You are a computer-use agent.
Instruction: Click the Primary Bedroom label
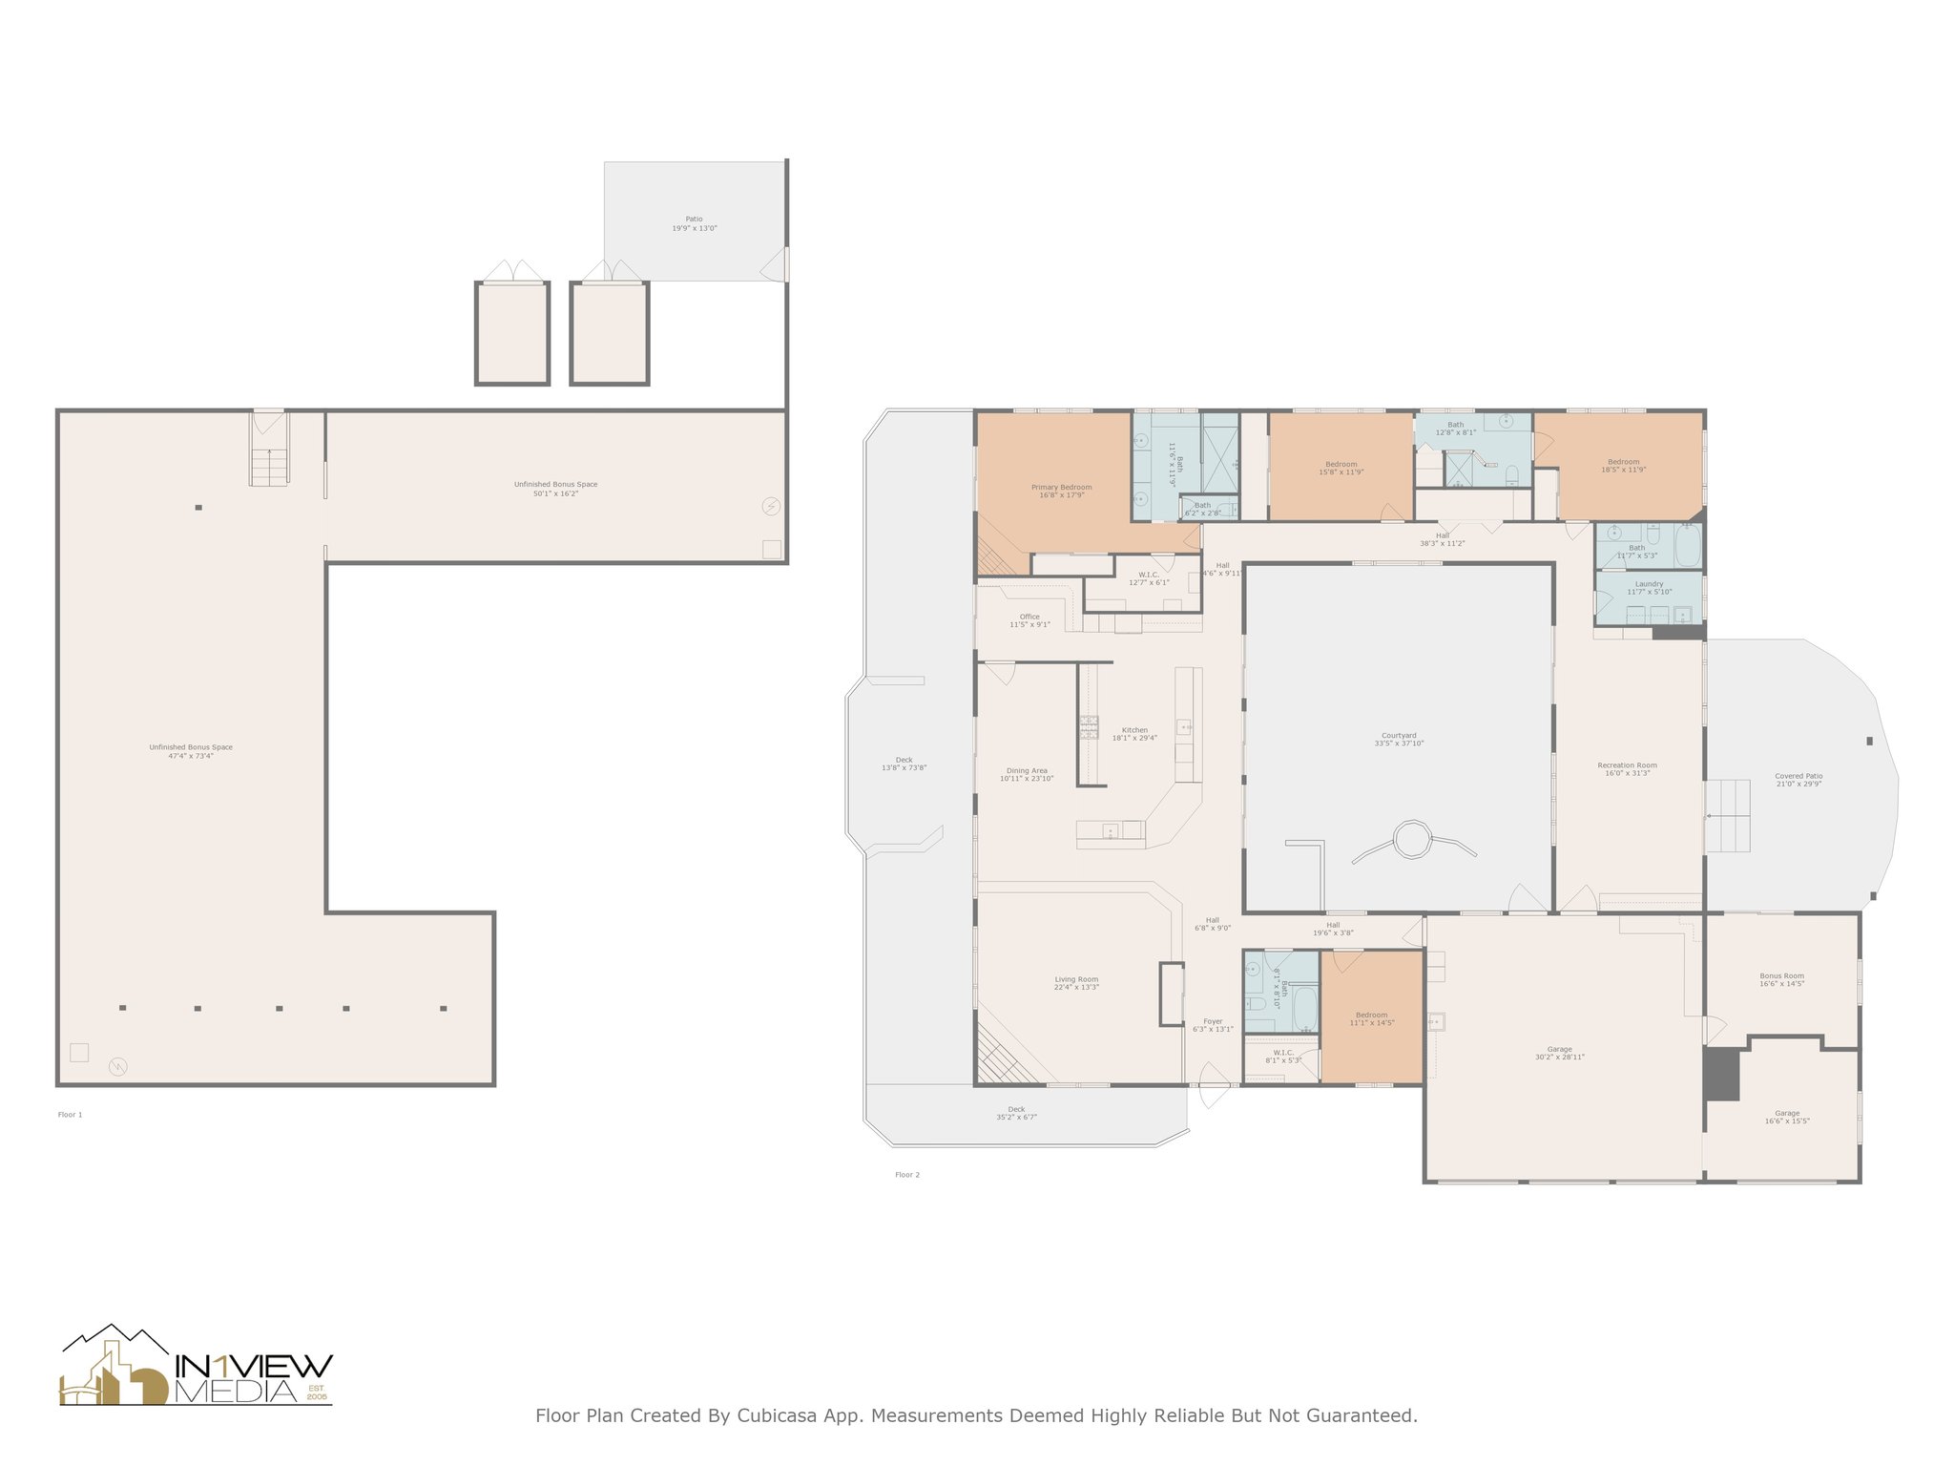[x=1061, y=488]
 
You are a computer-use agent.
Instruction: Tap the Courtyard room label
[x=1399, y=736]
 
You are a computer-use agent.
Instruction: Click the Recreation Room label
[x=1627, y=765]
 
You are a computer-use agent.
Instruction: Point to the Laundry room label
[x=1649, y=584]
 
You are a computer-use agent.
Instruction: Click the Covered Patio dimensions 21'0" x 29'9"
[x=1798, y=785]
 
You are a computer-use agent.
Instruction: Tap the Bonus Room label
[x=1781, y=976]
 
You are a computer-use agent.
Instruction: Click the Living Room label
[x=1076, y=979]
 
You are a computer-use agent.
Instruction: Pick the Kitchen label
[x=1134, y=730]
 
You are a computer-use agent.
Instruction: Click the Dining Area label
[x=1027, y=771]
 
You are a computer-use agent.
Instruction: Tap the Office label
[x=1029, y=617]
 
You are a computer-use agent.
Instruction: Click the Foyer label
[x=1213, y=1022]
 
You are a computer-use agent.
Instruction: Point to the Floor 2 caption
[x=907, y=1175]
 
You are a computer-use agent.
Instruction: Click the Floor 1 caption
[x=71, y=1115]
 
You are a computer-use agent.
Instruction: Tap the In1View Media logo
[x=197, y=1368]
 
